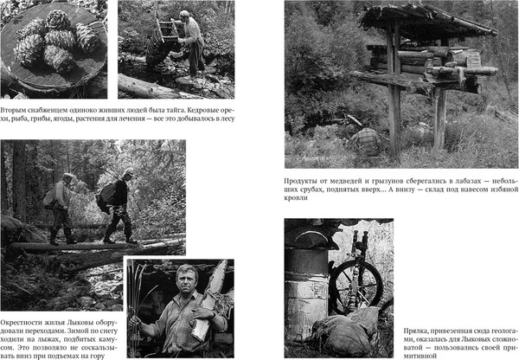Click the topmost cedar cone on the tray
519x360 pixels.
58,20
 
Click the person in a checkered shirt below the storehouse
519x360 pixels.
367,141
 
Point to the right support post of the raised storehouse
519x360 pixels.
439,119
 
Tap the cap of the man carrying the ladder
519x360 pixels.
185,14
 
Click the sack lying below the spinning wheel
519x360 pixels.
343,335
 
